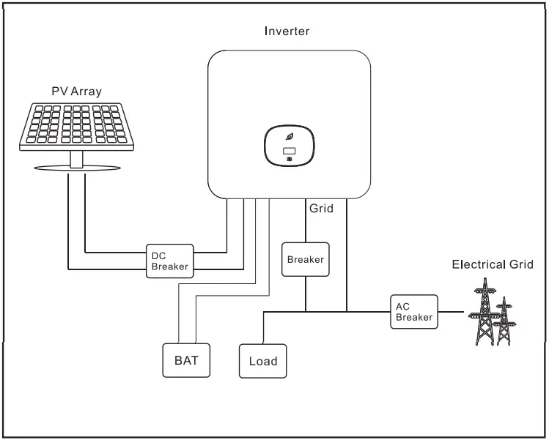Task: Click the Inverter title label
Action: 287,31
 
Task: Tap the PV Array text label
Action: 76,92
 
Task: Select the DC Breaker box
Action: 170,261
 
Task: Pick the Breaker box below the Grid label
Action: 305,259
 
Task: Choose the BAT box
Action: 186,360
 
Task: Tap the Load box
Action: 263,361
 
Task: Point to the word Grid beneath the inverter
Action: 320,209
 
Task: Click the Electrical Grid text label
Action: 498,264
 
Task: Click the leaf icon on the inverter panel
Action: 289,138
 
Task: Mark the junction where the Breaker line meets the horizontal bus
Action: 305,312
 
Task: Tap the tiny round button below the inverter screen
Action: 289,160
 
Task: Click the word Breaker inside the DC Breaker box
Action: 170,266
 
